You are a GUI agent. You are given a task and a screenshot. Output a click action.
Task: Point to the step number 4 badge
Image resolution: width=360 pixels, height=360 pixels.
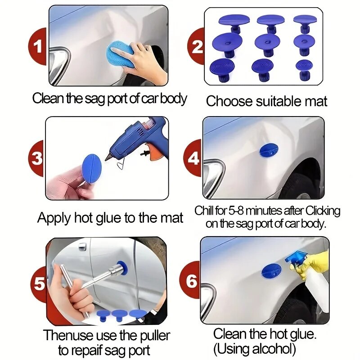(194, 158)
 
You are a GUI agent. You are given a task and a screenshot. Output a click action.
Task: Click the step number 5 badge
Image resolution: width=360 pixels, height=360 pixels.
(39, 284)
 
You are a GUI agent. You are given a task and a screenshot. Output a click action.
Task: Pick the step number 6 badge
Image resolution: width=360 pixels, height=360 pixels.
(192, 282)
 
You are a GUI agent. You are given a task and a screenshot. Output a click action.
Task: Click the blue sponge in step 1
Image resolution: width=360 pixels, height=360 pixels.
(121, 55)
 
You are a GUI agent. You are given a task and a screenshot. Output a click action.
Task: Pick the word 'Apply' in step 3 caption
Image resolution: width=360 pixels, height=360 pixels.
(54, 218)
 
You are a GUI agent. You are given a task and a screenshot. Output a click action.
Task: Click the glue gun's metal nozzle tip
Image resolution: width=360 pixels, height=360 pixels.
(108, 157)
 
